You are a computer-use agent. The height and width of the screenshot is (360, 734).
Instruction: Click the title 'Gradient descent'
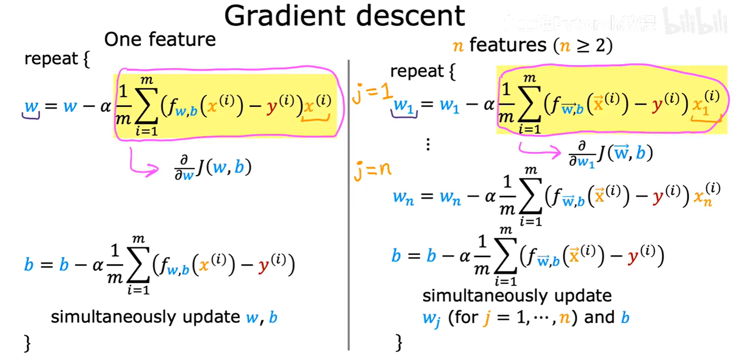click(x=344, y=16)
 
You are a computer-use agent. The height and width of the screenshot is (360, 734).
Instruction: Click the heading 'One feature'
click(x=160, y=39)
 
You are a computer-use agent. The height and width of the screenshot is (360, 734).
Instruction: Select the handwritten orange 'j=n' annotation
click(x=372, y=170)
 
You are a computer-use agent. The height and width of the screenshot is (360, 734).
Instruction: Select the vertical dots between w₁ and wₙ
click(x=428, y=145)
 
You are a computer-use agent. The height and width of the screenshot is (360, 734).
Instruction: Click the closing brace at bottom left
click(x=27, y=343)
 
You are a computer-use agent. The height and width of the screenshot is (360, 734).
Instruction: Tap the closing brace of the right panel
click(x=399, y=342)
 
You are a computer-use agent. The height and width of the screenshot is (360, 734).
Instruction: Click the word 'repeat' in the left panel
click(x=51, y=59)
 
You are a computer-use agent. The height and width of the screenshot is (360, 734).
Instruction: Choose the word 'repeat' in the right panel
click(x=416, y=71)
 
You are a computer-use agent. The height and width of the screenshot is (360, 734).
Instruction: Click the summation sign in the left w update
click(x=146, y=106)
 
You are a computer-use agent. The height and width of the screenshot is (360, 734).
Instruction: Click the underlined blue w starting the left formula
click(x=31, y=107)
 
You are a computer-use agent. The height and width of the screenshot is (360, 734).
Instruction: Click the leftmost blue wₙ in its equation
click(x=403, y=197)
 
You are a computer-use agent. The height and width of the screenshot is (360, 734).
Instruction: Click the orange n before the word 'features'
click(x=458, y=45)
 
